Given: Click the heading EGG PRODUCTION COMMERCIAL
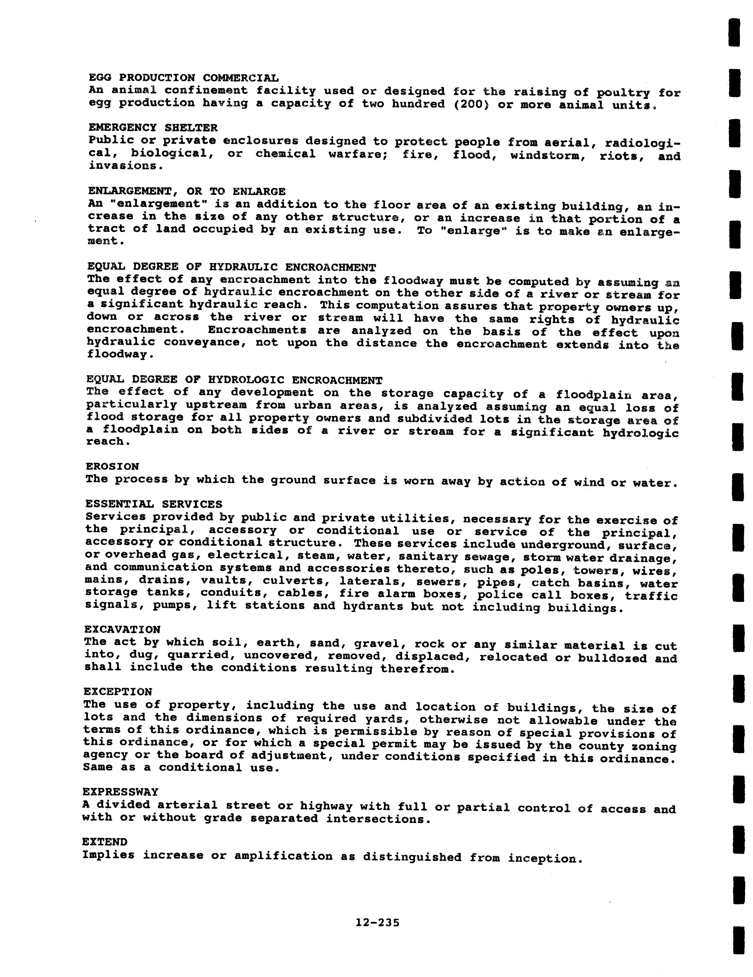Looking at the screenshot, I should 184,78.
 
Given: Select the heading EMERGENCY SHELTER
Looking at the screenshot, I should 153,128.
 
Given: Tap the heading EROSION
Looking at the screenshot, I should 112,467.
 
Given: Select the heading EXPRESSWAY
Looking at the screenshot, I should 120,792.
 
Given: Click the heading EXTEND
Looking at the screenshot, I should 105,842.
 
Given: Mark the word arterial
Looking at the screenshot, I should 187,805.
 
